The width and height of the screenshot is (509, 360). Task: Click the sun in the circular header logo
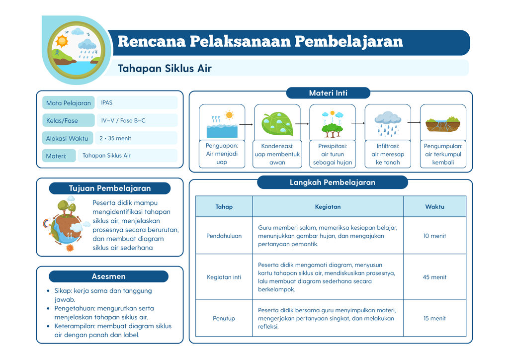coord(62,41)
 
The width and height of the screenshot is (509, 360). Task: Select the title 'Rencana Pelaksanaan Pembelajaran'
coord(260,42)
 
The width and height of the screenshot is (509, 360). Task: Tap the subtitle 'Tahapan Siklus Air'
coord(165,69)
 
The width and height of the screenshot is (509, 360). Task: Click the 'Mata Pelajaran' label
coord(69,103)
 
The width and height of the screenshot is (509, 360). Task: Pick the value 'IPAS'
coord(106,102)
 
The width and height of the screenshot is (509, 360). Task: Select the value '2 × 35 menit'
coord(115,138)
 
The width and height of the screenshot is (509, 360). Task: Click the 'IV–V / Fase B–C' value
coord(123,120)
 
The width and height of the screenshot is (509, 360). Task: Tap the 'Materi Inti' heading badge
coord(328,93)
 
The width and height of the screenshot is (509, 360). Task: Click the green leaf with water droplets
coord(277,124)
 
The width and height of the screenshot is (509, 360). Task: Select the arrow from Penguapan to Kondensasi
coord(246,124)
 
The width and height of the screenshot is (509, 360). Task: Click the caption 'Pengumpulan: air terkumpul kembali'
coord(443,154)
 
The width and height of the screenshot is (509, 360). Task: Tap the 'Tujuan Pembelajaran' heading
coord(110,188)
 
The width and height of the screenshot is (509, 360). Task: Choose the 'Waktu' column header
coord(434,207)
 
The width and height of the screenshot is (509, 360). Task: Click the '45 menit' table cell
coord(434,277)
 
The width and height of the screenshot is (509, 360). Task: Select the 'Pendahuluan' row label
coord(224,236)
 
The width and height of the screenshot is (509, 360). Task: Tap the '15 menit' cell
coord(434,318)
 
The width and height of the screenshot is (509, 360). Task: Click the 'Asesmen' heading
coord(108,276)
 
